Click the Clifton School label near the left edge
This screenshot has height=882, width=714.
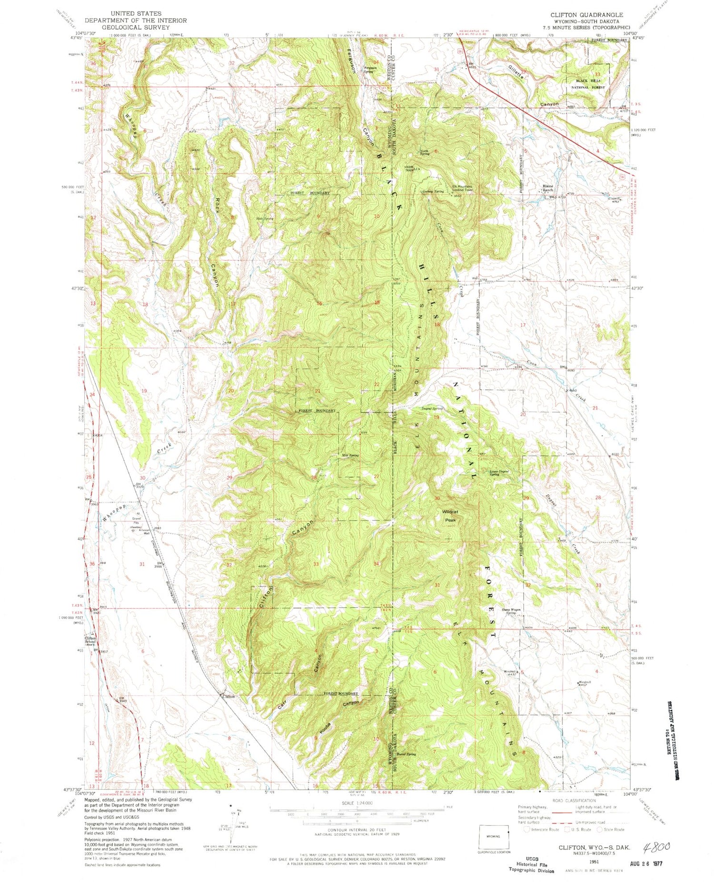90,640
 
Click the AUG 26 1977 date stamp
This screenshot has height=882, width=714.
644,863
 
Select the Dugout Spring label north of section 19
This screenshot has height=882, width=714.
432,408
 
